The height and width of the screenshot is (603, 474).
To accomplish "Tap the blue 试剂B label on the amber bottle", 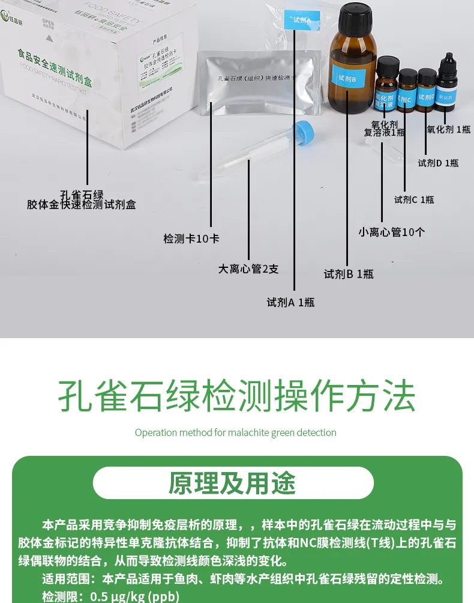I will point(347,79).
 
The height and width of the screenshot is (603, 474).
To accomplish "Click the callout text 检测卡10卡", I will point(191,238).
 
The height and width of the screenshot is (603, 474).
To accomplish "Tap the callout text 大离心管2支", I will point(248,268).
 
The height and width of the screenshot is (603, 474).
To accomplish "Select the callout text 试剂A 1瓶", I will point(290,302).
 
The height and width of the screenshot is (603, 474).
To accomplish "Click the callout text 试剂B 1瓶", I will point(349,274).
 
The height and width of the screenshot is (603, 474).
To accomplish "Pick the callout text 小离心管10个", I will point(391,232).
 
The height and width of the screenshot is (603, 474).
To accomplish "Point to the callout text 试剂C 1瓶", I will point(414,199).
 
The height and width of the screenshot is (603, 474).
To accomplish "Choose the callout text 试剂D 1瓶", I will point(439,162).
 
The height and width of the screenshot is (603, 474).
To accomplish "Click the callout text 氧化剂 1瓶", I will point(449,129).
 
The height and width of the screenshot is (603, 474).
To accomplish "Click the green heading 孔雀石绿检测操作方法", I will point(236,395).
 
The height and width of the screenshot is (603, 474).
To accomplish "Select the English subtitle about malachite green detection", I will point(235,432).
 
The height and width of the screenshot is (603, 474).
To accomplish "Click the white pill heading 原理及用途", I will point(233,483).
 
